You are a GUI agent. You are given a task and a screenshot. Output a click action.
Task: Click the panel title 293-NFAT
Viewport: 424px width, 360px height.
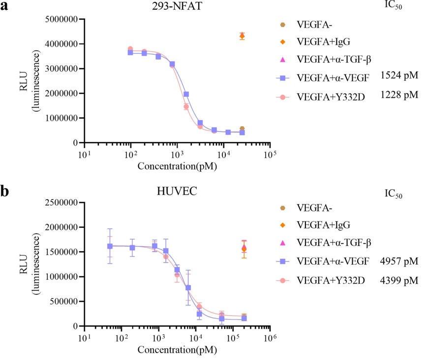tap(176, 7)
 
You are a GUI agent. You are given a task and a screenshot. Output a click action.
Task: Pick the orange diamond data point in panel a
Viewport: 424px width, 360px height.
tap(242, 36)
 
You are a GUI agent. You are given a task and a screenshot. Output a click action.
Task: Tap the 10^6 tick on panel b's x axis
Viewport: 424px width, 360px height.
tap(268, 338)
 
